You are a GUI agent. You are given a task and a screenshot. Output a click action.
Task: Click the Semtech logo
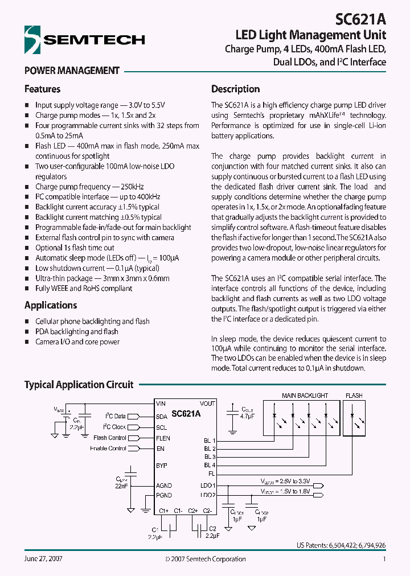[x=84, y=40]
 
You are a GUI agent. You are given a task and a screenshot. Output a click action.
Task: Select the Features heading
[x=42, y=89]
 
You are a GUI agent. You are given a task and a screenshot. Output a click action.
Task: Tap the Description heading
[x=235, y=89]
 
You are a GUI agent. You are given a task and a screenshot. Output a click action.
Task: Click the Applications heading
[x=50, y=305]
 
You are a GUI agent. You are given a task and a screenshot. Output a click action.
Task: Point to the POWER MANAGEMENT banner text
[x=72, y=71]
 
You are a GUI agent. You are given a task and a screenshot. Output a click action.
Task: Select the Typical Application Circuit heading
[x=79, y=385]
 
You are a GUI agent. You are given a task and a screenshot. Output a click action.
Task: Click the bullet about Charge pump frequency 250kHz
[x=89, y=187]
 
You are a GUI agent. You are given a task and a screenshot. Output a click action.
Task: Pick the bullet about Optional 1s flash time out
[x=75, y=248]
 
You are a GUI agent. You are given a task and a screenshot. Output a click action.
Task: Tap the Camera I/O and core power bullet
[x=77, y=342]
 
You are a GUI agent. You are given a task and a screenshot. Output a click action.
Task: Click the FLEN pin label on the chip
[x=163, y=438]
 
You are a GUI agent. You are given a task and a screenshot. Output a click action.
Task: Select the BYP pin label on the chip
[x=162, y=466]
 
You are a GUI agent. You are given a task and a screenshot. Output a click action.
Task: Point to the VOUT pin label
[x=207, y=404]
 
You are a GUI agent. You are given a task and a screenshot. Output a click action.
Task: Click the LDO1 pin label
[x=208, y=486]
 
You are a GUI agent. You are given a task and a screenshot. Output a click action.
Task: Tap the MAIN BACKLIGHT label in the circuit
[x=305, y=396]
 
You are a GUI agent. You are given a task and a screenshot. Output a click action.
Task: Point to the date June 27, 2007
[x=43, y=559]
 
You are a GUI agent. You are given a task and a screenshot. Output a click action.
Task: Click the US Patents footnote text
[x=341, y=545]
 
